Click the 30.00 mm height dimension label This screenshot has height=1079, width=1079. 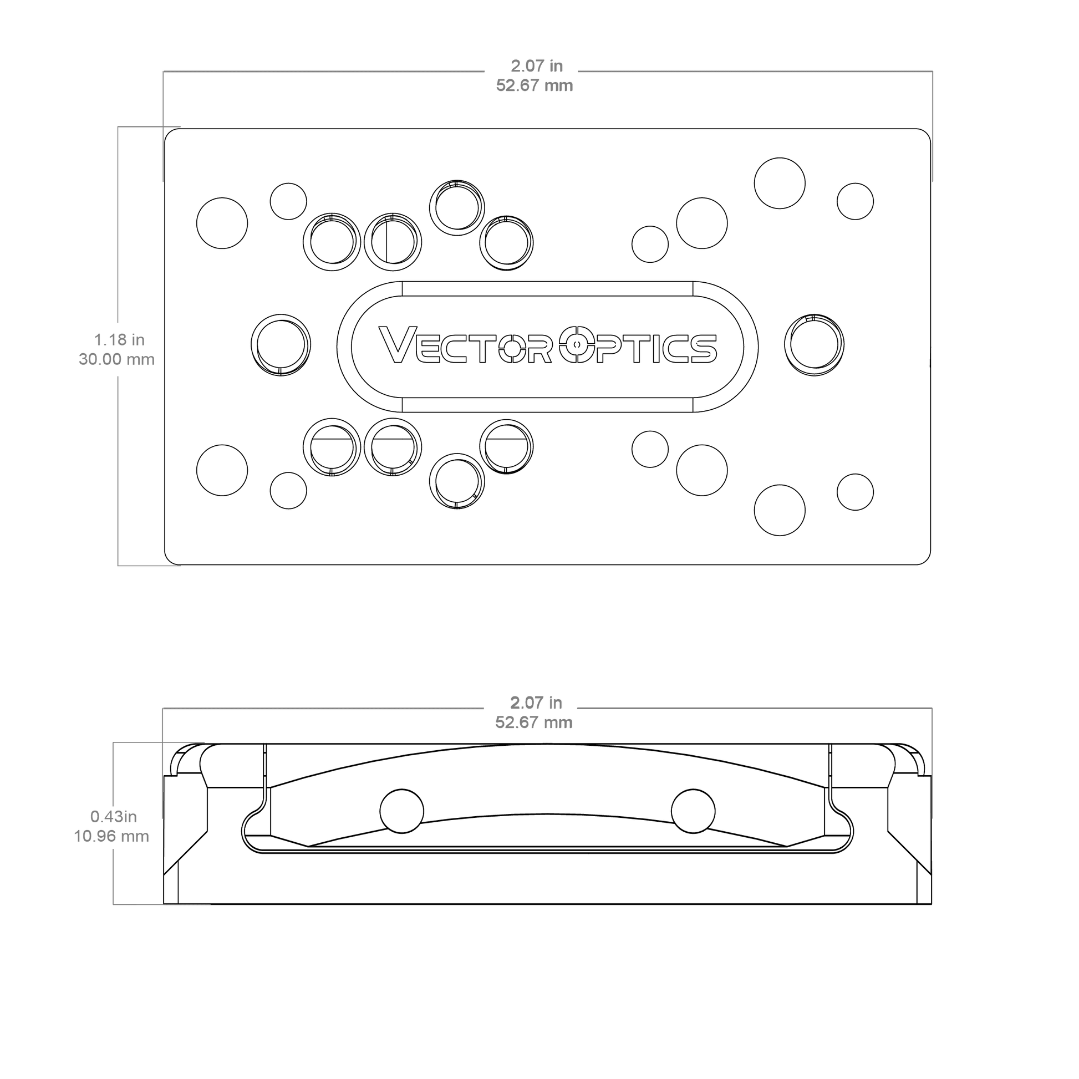click(x=117, y=359)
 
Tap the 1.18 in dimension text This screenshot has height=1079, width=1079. click(x=119, y=339)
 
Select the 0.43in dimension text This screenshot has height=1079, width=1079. click(x=113, y=817)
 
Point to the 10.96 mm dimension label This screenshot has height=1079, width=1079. click(x=111, y=836)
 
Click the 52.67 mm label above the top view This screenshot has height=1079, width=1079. click(x=535, y=85)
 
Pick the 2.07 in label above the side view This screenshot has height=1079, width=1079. click(x=536, y=703)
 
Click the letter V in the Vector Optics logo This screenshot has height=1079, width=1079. click(x=397, y=344)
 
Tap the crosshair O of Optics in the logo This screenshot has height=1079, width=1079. click(x=577, y=344)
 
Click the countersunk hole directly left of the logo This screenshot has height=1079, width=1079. click(x=281, y=344)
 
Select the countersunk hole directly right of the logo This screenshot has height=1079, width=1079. click(x=815, y=344)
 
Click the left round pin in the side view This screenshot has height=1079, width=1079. click(x=401, y=811)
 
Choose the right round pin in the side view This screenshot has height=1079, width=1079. click(x=693, y=811)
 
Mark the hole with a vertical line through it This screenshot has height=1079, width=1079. click(x=393, y=242)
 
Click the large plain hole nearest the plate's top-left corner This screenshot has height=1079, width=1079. click(x=222, y=223)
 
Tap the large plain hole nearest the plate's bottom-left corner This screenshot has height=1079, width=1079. click(x=222, y=470)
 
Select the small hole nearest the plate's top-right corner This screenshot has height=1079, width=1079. click(x=855, y=201)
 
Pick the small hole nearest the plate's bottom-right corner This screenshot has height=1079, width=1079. click(x=855, y=492)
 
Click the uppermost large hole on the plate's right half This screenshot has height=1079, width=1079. click(x=780, y=183)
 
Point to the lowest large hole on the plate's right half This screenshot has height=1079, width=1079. click(x=780, y=511)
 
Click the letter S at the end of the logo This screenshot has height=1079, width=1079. click(x=703, y=349)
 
